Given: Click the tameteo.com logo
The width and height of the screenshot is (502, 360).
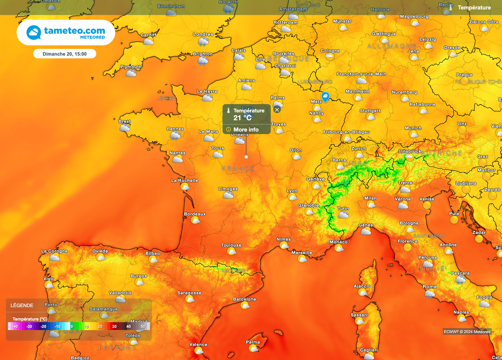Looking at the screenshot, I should (66, 32).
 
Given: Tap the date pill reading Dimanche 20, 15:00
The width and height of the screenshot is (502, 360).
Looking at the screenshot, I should (65, 54).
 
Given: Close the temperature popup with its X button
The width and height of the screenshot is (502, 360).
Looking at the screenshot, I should (277, 110).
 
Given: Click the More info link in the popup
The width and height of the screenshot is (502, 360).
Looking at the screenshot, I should (246, 130).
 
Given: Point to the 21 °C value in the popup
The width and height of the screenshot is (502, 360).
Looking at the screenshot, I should (242, 118).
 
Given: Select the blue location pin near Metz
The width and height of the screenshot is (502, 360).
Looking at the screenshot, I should (325, 97).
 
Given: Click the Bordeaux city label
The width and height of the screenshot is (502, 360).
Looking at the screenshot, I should (195, 214).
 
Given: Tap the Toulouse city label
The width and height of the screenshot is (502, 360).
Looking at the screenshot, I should (231, 245).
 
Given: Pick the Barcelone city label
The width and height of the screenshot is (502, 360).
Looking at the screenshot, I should (244, 299).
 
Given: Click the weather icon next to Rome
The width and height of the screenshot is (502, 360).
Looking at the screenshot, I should (429, 294).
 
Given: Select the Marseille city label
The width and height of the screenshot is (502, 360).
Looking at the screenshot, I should (301, 253).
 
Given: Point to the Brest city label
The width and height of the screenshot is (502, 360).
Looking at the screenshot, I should (125, 121).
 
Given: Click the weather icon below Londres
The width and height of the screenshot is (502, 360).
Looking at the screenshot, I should (203, 42).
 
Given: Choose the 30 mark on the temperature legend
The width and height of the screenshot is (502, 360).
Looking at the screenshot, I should (114, 326).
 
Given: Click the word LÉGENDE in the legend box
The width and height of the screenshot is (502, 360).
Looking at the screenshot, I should (22, 305).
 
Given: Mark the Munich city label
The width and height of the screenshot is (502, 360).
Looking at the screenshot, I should (413, 128).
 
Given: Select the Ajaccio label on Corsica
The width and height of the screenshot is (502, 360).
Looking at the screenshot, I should (362, 286).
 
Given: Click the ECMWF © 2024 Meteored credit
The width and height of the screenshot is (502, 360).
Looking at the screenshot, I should (467, 332).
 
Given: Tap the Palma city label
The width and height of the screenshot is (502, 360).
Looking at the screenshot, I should (253, 342).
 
